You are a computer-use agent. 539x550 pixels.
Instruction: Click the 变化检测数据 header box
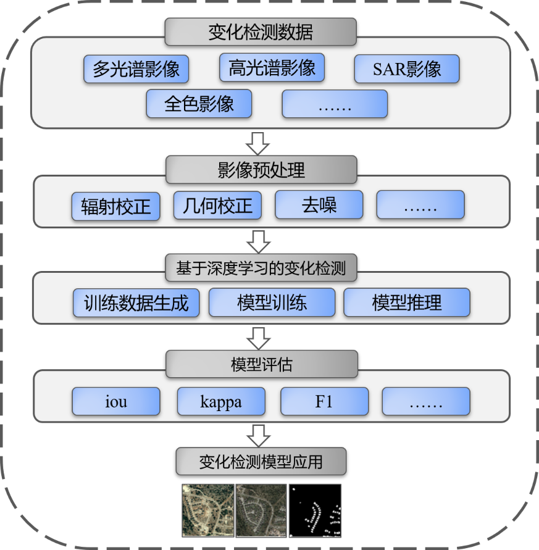pyautogui.click(x=261, y=31)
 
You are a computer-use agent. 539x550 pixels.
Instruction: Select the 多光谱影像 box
pyautogui.click(x=136, y=69)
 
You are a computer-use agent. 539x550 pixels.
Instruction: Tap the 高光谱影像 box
pyautogui.click(x=272, y=67)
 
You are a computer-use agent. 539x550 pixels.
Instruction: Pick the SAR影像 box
pyautogui.click(x=407, y=69)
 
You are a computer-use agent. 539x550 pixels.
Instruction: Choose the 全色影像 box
pyautogui.click(x=199, y=103)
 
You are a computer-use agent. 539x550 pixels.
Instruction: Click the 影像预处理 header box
pyautogui.click(x=261, y=169)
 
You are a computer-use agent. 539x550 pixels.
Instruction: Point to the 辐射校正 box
pyautogui.click(x=115, y=206)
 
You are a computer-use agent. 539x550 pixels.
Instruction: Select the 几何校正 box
pyautogui.click(x=217, y=205)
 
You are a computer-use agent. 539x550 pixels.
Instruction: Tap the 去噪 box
pyautogui.click(x=319, y=204)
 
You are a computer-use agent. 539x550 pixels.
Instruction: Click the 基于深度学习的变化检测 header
pyautogui.click(x=261, y=268)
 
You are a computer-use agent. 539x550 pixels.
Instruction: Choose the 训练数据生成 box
pyautogui.click(x=136, y=302)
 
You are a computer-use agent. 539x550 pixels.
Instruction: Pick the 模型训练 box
pyautogui.click(x=272, y=302)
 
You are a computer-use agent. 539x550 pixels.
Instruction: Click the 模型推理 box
pyautogui.click(x=407, y=302)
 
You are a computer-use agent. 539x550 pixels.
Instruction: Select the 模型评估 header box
pyautogui.click(x=261, y=364)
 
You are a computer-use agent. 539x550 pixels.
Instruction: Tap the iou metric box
pyautogui.click(x=116, y=401)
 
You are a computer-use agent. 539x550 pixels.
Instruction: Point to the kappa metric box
pyautogui.click(x=221, y=401)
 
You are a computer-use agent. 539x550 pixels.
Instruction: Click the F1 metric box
pyautogui.click(x=324, y=401)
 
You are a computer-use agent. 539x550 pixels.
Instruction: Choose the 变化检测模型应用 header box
pyautogui.click(x=261, y=461)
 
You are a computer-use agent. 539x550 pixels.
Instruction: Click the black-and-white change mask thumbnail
pyautogui.click(x=315, y=510)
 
